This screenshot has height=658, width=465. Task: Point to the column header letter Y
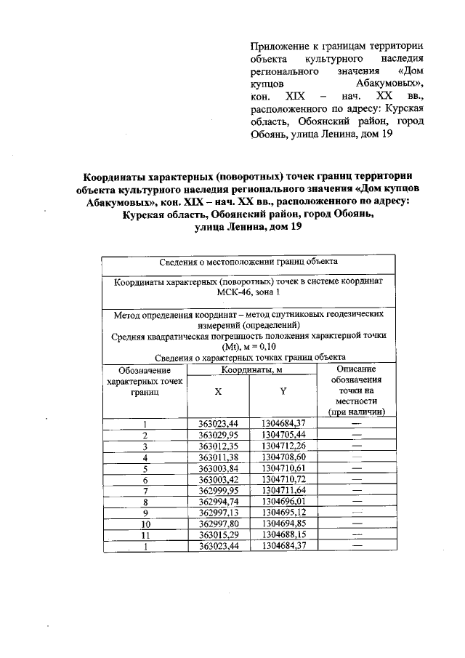[283, 391]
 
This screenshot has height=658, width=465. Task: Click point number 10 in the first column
[145, 523]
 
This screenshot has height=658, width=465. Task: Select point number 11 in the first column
[145, 535]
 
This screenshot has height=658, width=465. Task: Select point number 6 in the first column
[145, 480]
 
